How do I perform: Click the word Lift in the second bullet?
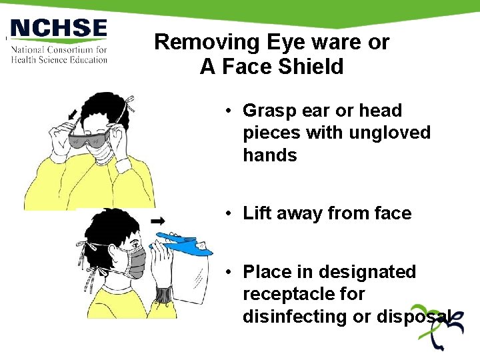click(257, 213)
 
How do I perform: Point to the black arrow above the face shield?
click(158, 220)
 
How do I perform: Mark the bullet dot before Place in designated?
click(228, 272)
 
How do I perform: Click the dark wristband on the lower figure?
click(163, 294)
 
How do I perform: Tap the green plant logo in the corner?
click(438, 334)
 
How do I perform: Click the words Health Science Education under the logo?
click(59, 59)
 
